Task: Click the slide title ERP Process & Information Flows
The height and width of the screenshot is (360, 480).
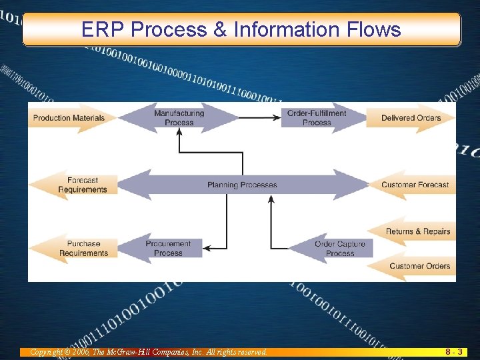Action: coord(241,29)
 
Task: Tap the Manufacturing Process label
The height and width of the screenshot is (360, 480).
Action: coord(179,118)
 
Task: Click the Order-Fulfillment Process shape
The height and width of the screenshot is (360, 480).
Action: coord(317,118)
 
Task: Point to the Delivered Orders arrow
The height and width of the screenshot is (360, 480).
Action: coord(411,118)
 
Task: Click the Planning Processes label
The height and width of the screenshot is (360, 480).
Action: coord(241,185)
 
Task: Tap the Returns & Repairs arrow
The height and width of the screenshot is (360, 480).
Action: coord(417,231)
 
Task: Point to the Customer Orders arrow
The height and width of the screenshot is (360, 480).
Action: coord(419,266)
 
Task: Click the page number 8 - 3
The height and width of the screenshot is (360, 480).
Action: coord(454,351)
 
